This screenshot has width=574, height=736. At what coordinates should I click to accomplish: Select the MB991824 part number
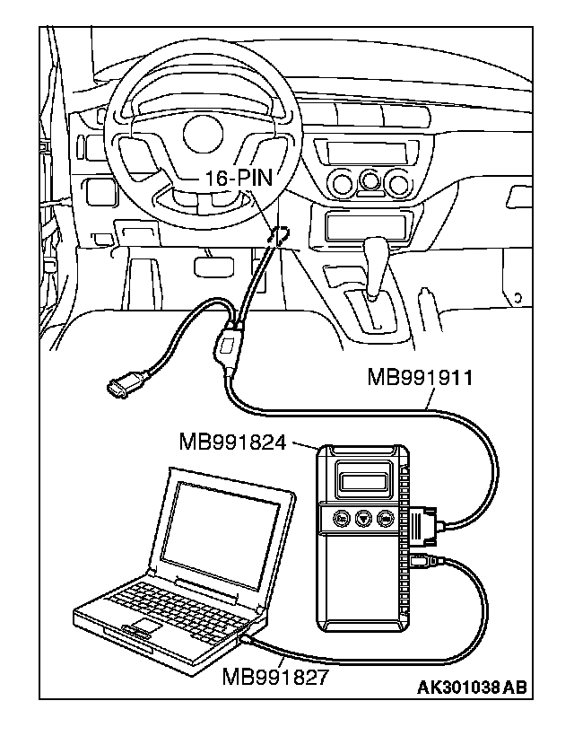tap(239, 442)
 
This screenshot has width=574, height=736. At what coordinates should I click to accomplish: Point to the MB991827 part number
tap(274, 676)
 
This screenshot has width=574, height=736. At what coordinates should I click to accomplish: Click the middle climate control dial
tap(369, 183)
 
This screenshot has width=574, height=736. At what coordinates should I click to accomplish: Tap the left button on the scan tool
tap(342, 518)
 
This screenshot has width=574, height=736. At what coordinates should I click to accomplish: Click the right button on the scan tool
tap(386, 518)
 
